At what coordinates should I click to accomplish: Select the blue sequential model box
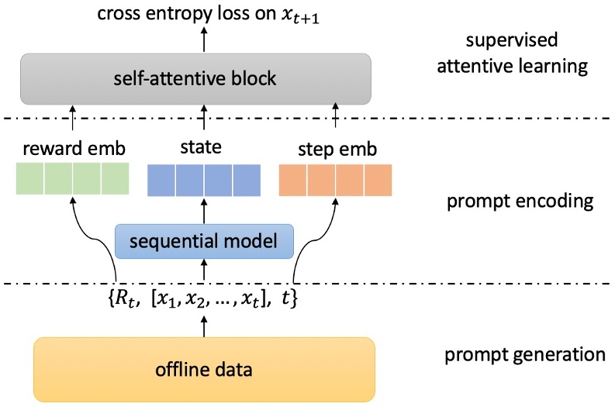coord(205,242)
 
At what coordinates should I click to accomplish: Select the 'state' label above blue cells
coord(205,148)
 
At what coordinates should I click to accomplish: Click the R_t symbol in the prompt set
coord(128,297)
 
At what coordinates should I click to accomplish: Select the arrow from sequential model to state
coord(205,211)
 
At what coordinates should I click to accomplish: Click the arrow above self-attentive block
coord(205,40)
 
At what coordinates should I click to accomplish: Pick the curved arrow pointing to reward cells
coord(89,233)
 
